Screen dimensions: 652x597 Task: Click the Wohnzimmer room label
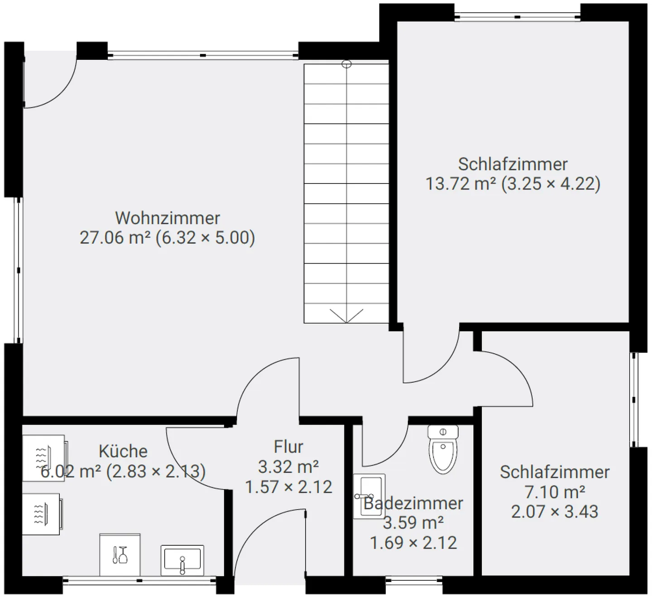pyautogui.click(x=168, y=218)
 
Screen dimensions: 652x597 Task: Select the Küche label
pyautogui.click(x=123, y=451)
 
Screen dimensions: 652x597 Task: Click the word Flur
pyautogui.click(x=288, y=447)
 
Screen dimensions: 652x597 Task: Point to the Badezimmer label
pyautogui.click(x=413, y=503)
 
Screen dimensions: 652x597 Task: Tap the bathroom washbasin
pyautogui.click(x=369, y=496)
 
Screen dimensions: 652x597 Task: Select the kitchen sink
pyautogui.click(x=182, y=560)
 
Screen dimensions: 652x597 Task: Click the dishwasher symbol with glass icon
pyautogui.click(x=120, y=555)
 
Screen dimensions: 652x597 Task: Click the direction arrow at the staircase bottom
pyautogui.click(x=346, y=316)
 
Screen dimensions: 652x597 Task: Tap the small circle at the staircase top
pyautogui.click(x=346, y=64)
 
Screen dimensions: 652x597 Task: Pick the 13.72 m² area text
pyautogui.click(x=461, y=184)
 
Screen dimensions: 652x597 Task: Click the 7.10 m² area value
pyautogui.click(x=555, y=492)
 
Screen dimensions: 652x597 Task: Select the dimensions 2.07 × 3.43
pyautogui.click(x=555, y=511)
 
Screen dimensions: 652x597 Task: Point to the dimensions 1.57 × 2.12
pyautogui.click(x=288, y=487)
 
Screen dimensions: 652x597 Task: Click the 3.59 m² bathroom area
pyautogui.click(x=413, y=523)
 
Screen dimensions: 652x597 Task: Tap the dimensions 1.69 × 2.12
pyautogui.click(x=413, y=542)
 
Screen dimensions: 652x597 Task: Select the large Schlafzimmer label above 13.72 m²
pyautogui.click(x=513, y=164)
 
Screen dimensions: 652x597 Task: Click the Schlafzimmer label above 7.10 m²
pyautogui.click(x=555, y=472)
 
